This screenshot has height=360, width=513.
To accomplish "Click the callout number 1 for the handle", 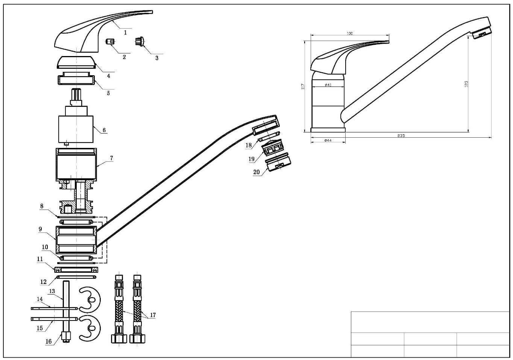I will tap(126, 33).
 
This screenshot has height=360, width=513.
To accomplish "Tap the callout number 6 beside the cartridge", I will tap(104, 131).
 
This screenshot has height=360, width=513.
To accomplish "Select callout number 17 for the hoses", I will tap(153, 315).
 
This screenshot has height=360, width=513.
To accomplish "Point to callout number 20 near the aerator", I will tap(256, 172).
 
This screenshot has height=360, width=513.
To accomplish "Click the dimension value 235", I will tap(401, 135).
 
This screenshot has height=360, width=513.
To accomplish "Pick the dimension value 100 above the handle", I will tap(349, 34).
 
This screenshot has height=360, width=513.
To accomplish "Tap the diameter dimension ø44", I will tap(328, 140).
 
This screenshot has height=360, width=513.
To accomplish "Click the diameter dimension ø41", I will tap(328, 85).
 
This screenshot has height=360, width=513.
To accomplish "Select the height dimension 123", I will tap(466, 84).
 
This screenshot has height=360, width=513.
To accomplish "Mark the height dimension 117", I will tap(303, 86).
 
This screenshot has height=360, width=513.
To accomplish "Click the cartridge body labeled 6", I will tap(76, 129).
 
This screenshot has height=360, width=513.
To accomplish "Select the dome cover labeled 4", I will tap(76, 62).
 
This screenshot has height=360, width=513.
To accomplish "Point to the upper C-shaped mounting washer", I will tap(90, 299).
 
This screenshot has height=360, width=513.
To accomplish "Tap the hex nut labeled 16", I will tap(66, 336).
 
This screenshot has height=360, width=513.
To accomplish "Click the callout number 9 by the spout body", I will tap(40, 229).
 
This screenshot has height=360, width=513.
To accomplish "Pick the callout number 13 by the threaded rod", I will tap(52, 291).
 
